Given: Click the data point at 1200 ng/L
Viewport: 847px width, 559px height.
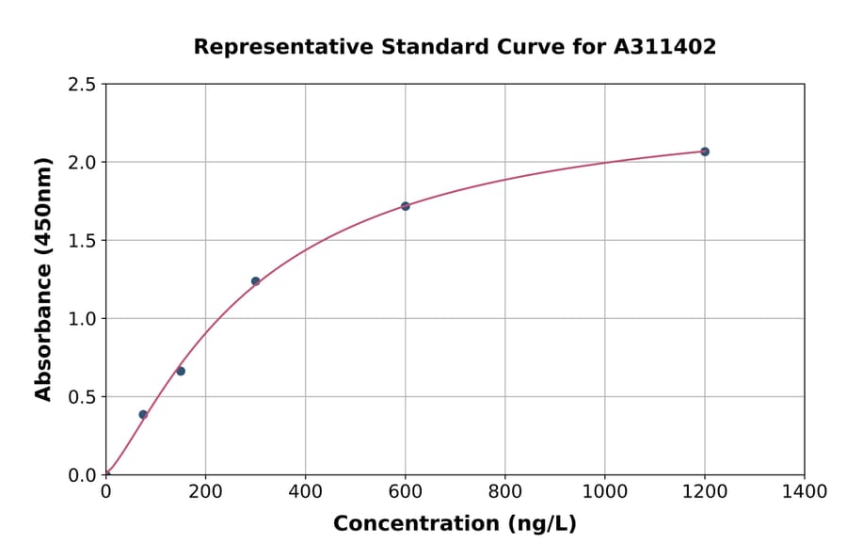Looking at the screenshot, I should (704, 152).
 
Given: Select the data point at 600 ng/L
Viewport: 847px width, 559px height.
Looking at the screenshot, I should (405, 206).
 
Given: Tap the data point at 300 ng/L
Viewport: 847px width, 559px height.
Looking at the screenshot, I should (255, 281).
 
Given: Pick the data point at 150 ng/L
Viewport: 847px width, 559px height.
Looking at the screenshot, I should (181, 371).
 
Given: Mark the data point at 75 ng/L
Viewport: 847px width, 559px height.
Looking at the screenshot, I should (143, 414).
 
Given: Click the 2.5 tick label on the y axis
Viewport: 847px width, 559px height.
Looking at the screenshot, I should (83, 85).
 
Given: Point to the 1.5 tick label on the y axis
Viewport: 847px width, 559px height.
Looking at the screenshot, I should (83, 241).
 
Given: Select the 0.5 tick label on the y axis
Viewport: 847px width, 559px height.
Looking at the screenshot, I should (83, 397).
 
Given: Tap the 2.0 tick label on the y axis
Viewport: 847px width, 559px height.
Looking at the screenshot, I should (83, 163).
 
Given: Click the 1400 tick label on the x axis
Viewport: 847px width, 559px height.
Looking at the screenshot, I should (804, 491).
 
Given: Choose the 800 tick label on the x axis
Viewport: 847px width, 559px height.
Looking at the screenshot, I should (504, 491).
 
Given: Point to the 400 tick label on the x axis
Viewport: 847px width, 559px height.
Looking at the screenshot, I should (305, 491).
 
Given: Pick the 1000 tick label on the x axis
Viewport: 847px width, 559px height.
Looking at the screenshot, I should (604, 491).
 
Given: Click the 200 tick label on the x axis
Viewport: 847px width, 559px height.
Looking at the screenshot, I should (205, 491).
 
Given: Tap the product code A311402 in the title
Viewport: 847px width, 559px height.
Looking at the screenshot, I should (665, 46).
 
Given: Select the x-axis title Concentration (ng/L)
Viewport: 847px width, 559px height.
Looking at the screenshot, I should (455, 523).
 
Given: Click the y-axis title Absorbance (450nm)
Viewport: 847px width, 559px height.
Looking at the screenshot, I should (43, 279).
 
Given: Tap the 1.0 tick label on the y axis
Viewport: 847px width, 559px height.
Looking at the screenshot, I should (83, 319).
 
